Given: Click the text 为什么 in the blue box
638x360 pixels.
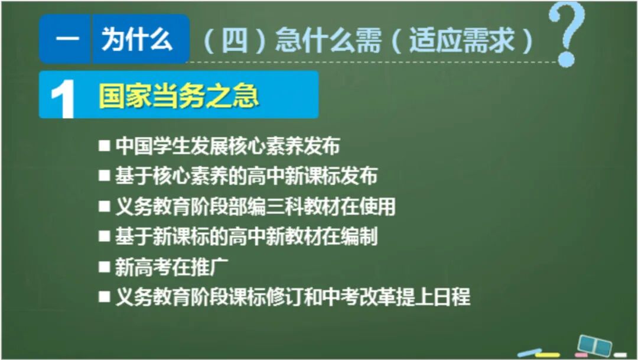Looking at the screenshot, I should coord(137,40).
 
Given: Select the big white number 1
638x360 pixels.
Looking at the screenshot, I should coord(63,98).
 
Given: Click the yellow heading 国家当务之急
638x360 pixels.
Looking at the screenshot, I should coord(178,96).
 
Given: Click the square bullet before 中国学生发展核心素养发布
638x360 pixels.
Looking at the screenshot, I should coord(105,145).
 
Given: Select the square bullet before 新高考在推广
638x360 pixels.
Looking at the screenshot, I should coord(105,267).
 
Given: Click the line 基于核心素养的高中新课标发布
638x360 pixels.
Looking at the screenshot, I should coord(246,176).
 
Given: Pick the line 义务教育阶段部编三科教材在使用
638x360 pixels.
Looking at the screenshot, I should coord(255,206).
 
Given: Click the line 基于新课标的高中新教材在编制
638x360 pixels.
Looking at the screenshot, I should coord(246,237).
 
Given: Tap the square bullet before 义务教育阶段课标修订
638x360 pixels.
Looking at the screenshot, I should coord(105,297).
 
